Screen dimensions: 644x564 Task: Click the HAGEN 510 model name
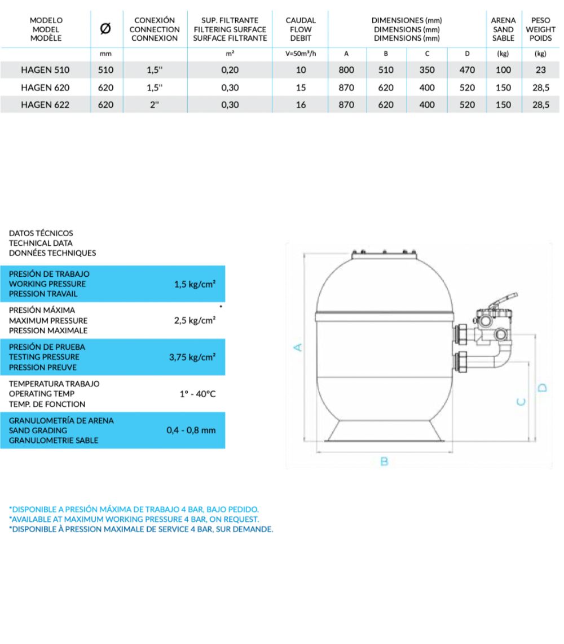(45, 70)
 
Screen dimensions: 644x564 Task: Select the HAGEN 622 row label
(45, 105)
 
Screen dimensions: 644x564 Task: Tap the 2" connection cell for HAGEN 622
(155, 105)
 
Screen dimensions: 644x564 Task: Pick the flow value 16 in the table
(301, 105)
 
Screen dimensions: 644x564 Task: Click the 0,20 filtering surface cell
(230, 70)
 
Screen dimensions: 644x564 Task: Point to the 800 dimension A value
(347, 70)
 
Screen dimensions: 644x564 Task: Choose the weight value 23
(541, 70)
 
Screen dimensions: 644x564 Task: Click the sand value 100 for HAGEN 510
(503, 70)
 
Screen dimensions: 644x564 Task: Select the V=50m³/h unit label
(301, 54)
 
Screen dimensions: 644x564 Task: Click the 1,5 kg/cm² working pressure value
(195, 284)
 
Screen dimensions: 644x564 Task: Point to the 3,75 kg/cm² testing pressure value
(192, 357)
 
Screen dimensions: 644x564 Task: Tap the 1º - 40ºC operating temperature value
(197, 394)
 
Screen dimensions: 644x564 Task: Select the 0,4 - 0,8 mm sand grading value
(191, 430)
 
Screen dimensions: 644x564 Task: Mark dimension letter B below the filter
(384, 462)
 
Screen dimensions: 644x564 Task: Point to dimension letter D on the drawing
(543, 387)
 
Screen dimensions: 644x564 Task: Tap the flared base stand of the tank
(385, 432)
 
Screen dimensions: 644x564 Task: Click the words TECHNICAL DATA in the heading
(41, 243)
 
